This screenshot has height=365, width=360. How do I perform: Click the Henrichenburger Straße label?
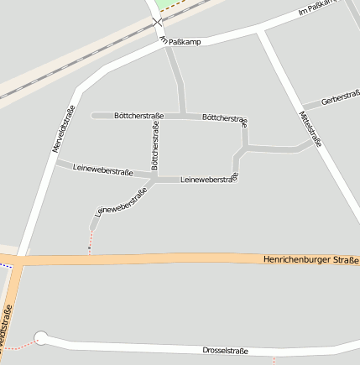click(310, 262)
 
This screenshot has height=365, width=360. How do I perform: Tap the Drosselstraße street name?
click(225, 350)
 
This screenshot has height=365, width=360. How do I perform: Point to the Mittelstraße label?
click(310, 128)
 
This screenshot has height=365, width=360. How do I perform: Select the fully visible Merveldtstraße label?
click(64, 128)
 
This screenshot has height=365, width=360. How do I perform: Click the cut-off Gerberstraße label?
click(341, 97)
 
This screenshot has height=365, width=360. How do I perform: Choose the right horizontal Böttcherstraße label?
click(225, 118)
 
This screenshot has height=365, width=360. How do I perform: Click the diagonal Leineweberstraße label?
click(121, 202)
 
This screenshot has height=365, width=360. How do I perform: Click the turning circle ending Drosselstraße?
click(40, 338)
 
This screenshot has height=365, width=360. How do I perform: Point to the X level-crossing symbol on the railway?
click(157, 23)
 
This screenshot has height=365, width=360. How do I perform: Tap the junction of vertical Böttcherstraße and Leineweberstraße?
click(155, 178)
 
